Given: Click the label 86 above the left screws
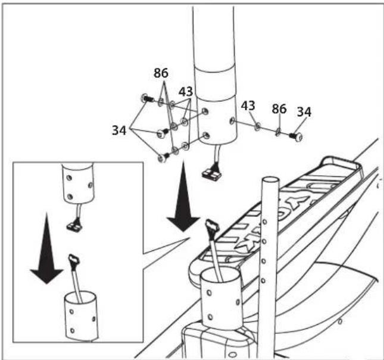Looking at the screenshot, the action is pyautogui.click(x=161, y=73).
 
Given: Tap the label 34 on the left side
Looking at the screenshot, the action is pyautogui.click(x=119, y=130).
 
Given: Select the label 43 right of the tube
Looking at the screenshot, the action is pyautogui.click(x=248, y=105).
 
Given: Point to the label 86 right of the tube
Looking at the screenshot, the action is pyautogui.click(x=279, y=108).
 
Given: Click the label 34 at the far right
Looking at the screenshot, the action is pyautogui.click(x=304, y=112).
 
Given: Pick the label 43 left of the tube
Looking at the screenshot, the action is pyautogui.click(x=186, y=92).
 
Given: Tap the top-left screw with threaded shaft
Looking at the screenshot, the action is pyautogui.click(x=147, y=98).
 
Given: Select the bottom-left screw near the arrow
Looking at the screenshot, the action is pyautogui.click(x=163, y=157).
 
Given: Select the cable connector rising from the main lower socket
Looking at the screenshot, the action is pyautogui.click(x=213, y=228).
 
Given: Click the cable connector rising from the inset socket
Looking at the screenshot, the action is pyautogui.click(x=74, y=260).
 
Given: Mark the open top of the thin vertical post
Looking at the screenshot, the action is pyautogui.click(x=270, y=180).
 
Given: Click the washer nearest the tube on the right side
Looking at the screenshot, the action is pyautogui.click(x=257, y=128).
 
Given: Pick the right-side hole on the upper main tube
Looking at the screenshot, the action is pyautogui.click(x=232, y=120).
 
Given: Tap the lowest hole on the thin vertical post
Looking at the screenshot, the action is pyautogui.click(x=264, y=281).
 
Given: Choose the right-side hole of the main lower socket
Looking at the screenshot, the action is pyautogui.click(x=238, y=302).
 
